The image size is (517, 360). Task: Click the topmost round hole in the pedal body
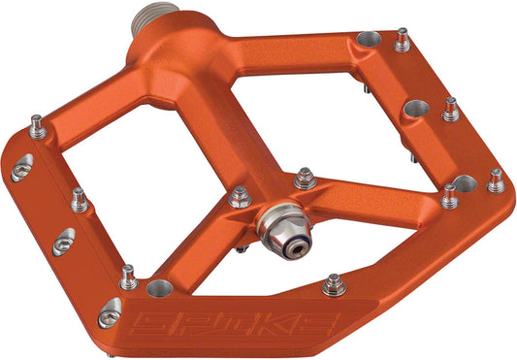tap(368, 40)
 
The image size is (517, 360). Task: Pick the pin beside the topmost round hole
tap(403, 40)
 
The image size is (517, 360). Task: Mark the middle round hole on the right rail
tap(415, 108)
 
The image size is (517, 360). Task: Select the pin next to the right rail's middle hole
tap(450, 109)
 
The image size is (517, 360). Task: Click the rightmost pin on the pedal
tap(497, 180)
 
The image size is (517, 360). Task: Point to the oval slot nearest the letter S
tap(110, 312)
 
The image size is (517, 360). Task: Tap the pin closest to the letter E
tap(334, 284)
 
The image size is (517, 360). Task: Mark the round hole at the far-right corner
tap(464, 183)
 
